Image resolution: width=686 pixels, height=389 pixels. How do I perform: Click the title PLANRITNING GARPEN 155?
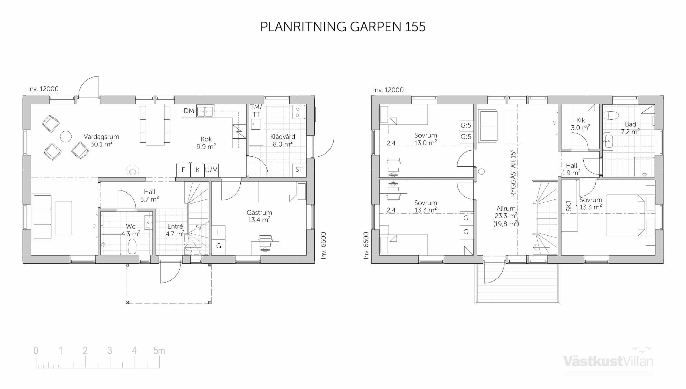click(x=343, y=27)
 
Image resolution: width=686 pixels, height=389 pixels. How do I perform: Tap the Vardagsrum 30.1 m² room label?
click(x=101, y=140)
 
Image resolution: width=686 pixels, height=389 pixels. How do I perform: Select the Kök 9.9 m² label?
click(x=206, y=143)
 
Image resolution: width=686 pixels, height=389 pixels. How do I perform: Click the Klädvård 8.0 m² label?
click(x=283, y=140)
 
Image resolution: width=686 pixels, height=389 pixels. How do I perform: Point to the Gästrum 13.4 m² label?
click(x=259, y=216)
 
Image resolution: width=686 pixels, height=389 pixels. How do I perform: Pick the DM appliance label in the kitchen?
click(x=189, y=111)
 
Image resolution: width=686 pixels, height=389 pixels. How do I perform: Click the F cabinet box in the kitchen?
click(x=183, y=170)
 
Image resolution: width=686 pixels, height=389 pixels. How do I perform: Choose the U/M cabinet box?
click(x=211, y=170)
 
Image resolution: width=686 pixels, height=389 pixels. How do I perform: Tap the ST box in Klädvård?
click(x=299, y=170)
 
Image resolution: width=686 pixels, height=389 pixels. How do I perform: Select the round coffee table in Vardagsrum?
click(x=66, y=136)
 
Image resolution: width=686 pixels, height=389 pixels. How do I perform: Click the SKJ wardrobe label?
click(x=569, y=207)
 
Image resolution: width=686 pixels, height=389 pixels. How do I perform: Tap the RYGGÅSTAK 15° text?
click(x=513, y=173)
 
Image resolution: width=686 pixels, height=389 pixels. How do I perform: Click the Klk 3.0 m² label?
click(x=580, y=124)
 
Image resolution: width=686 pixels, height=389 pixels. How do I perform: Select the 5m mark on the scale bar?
click(x=159, y=351)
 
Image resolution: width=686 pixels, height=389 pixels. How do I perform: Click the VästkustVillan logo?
click(x=608, y=360)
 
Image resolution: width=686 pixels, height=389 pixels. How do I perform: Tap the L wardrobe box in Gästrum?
click(x=218, y=232)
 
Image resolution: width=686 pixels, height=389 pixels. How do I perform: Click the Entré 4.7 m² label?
click(x=175, y=230)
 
